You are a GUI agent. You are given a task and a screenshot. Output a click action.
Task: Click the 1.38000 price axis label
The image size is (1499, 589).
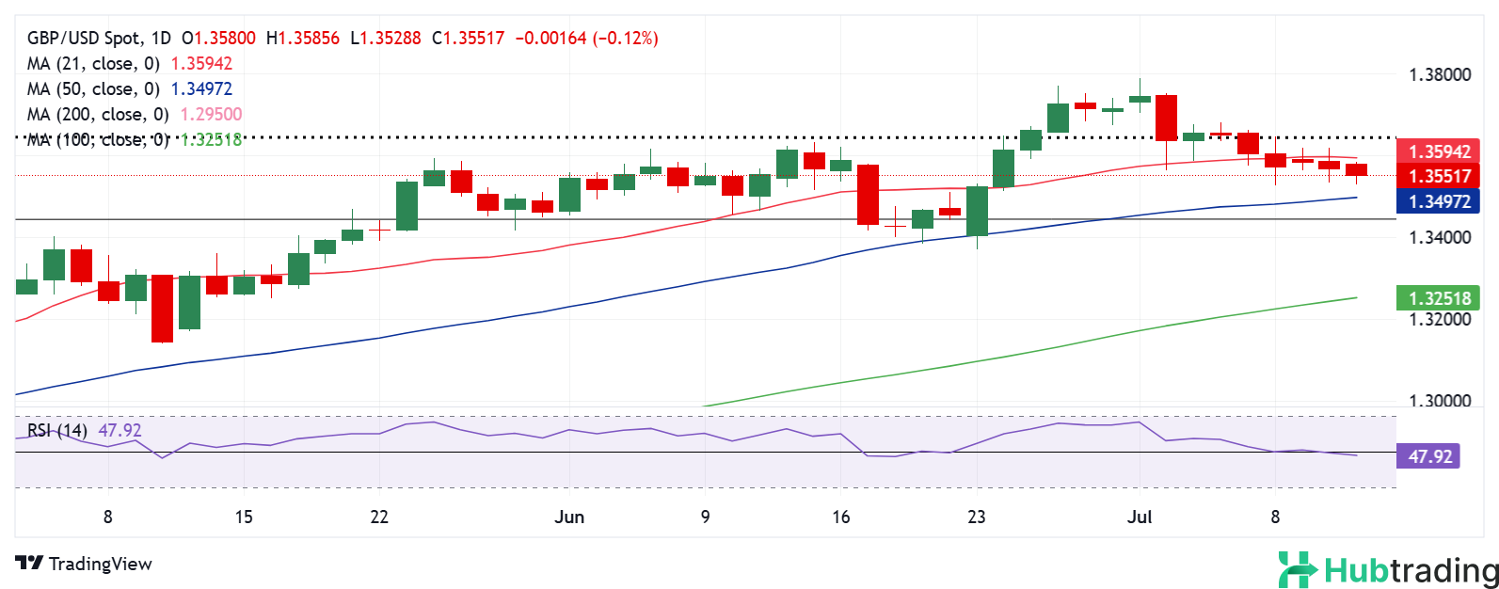click(1439, 75)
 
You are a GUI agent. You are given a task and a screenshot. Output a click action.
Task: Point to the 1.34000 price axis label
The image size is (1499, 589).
click(1439, 237)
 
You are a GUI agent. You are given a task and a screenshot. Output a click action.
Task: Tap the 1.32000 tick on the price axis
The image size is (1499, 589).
click(1439, 319)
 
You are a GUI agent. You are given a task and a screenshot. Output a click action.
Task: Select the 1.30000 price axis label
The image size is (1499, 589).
click(1439, 401)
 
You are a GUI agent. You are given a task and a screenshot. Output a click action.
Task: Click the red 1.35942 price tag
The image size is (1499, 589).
click(1439, 151)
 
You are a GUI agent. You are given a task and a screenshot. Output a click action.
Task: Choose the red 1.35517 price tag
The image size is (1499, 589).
click(1439, 176)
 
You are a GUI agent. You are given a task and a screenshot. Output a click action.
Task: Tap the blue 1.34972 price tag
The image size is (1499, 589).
click(1439, 200)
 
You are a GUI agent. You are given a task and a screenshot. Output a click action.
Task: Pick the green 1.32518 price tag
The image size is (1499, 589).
click(1439, 299)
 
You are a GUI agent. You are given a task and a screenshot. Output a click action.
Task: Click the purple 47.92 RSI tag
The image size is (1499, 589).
click(1429, 457)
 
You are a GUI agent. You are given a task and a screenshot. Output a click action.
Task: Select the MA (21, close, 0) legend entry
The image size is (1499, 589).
click(94, 64)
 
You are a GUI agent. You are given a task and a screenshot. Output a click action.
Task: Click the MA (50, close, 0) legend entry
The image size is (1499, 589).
click(94, 89)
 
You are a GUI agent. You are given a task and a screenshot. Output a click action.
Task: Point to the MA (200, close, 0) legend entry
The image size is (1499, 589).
click(99, 115)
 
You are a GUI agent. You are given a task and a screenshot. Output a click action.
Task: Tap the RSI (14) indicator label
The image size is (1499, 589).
click(57, 431)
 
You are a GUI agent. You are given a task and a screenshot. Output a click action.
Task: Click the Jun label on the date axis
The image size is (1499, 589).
click(569, 517)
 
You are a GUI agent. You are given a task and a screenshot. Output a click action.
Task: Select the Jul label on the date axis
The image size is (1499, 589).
click(1140, 517)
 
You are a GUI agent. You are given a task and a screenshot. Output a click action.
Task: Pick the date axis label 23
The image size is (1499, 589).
click(977, 517)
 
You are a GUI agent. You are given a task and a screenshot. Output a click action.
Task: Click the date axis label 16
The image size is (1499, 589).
click(841, 517)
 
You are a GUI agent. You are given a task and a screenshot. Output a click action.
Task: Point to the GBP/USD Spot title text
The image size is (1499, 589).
click(85, 39)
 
